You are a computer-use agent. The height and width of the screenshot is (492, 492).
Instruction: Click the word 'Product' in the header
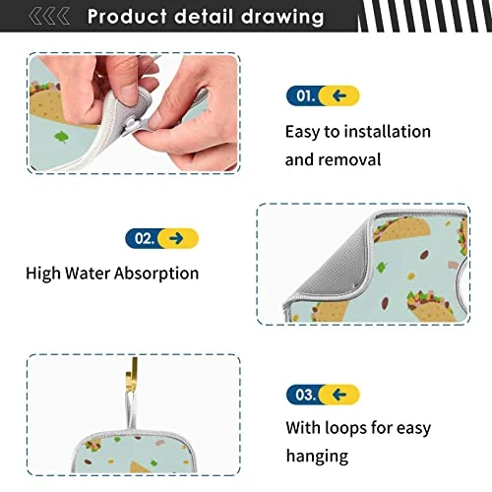tap(128, 17)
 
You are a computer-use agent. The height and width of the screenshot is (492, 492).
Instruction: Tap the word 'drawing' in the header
tap(282, 17)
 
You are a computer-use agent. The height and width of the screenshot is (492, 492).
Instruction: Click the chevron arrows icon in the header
tap(49, 17)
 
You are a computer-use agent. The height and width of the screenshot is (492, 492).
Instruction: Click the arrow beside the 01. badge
tap(339, 95)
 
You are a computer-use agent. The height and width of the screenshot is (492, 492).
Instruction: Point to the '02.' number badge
tap(144, 238)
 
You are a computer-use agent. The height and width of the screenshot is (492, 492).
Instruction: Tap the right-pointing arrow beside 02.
tap(176, 238)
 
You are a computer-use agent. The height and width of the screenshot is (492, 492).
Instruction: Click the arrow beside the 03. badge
tap(339, 395)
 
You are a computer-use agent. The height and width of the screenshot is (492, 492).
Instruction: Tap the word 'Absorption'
tap(156, 274)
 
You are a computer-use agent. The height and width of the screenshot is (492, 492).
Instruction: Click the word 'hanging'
tap(317, 457)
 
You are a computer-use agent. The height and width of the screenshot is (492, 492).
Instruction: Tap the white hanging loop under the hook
tap(131, 410)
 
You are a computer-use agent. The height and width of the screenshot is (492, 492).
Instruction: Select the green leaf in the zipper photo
tap(61, 137)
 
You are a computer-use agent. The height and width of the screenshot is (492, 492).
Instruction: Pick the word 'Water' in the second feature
tap(87, 274)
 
